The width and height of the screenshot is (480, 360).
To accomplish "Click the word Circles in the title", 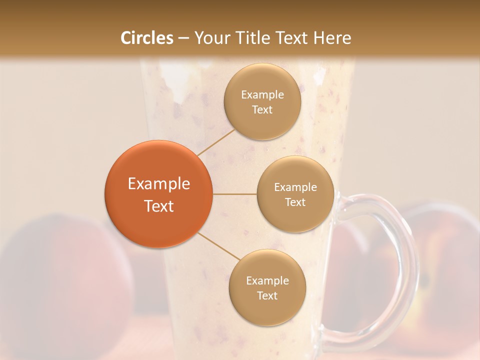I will [146, 38].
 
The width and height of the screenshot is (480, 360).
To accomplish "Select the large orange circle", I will [158, 194].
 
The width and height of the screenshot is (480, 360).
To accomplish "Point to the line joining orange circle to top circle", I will [216, 142].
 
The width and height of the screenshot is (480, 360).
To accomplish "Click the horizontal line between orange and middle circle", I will [235, 194].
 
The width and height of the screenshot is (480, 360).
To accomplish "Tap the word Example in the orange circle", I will [159, 184].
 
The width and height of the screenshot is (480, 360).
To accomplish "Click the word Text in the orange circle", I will [159, 206].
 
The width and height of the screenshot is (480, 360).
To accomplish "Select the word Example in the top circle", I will [262, 95].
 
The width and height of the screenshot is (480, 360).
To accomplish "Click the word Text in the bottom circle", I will [267, 296].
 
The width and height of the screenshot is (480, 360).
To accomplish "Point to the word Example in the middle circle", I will [295, 187].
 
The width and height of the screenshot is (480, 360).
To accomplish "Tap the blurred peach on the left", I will [55, 270].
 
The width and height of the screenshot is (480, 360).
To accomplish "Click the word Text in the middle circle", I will [295, 202].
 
